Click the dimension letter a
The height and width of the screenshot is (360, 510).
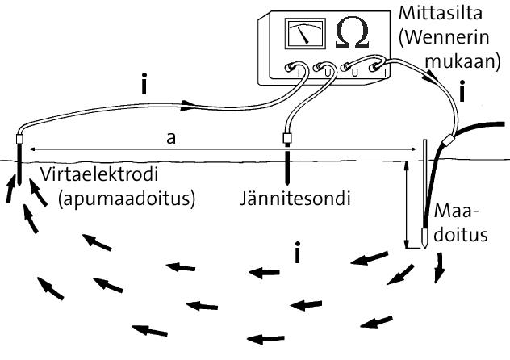171,138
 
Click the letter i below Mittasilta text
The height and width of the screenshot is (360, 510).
462,94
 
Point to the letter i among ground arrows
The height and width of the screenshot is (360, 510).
299,255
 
